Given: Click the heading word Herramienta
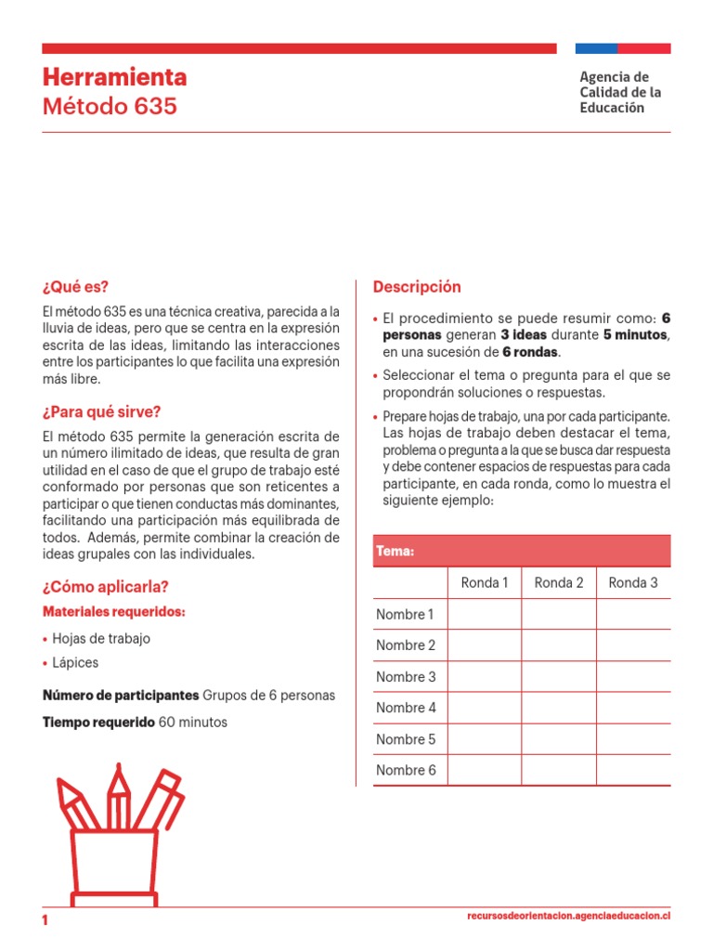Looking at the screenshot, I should click(x=114, y=76).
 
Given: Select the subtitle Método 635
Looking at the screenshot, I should click(x=110, y=106).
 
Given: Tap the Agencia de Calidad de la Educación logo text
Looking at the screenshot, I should click(x=620, y=92).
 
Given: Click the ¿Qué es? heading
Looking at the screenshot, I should click(x=82, y=286).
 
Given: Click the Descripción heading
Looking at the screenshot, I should click(x=417, y=286).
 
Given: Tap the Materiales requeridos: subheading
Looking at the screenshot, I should click(x=114, y=612).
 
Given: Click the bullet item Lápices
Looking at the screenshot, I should click(x=76, y=662).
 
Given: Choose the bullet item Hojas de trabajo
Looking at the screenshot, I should click(x=101, y=638).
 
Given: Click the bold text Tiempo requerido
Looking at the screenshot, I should click(x=99, y=722).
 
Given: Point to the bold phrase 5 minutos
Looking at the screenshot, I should click(x=636, y=334).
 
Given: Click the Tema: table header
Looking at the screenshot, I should click(x=395, y=552).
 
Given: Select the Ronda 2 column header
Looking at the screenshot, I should click(x=559, y=582).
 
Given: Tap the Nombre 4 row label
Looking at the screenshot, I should click(x=406, y=708).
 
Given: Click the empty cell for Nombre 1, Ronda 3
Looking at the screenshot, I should click(x=633, y=614).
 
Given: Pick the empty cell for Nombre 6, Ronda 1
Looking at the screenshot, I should click(x=485, y=770).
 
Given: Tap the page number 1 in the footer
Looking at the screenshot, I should click(x=45, y=919).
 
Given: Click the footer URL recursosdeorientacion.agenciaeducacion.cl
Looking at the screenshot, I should click(x=568, y=916).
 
